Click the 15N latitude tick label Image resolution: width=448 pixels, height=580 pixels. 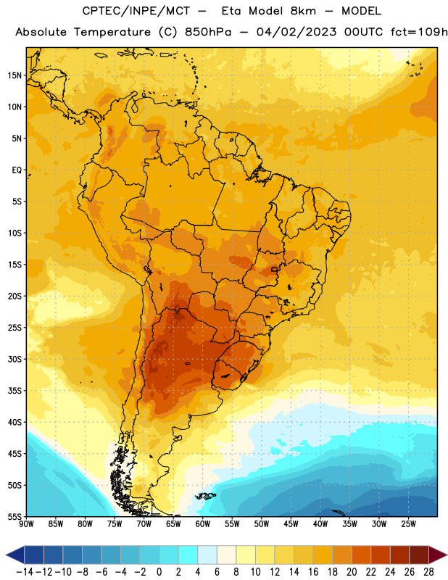[15, 75]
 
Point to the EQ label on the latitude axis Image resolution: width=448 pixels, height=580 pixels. [17, 170]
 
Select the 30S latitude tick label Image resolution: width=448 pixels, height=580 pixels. [15, 359]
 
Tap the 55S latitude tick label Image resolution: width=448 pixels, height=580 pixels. [15, 516]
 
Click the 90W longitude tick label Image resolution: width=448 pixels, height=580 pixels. [26, 523]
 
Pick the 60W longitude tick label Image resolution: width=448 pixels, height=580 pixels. [203, 523]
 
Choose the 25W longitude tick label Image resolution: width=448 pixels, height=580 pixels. [408, 523]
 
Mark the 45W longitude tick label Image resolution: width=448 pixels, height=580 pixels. [291, 523]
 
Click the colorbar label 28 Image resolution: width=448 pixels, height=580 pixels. [428, 572]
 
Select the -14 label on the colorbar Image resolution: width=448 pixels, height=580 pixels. [25, 572]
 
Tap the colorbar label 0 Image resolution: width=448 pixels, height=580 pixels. [159, 572]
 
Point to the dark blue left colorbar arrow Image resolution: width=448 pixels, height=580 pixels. [15, 555]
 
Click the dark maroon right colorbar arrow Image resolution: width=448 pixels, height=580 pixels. [438, 555]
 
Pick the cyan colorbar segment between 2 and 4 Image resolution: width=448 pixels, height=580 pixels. [188, 555]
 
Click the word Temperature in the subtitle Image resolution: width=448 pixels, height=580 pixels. [112, 32]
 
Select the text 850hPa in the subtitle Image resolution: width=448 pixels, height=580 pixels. [208, 32]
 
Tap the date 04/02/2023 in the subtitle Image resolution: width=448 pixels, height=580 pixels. [296, 32]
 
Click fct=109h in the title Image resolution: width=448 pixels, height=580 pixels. [419, 32]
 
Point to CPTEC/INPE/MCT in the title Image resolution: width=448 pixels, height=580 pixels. [136, 11]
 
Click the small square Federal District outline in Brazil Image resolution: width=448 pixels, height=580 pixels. [275, 269]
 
